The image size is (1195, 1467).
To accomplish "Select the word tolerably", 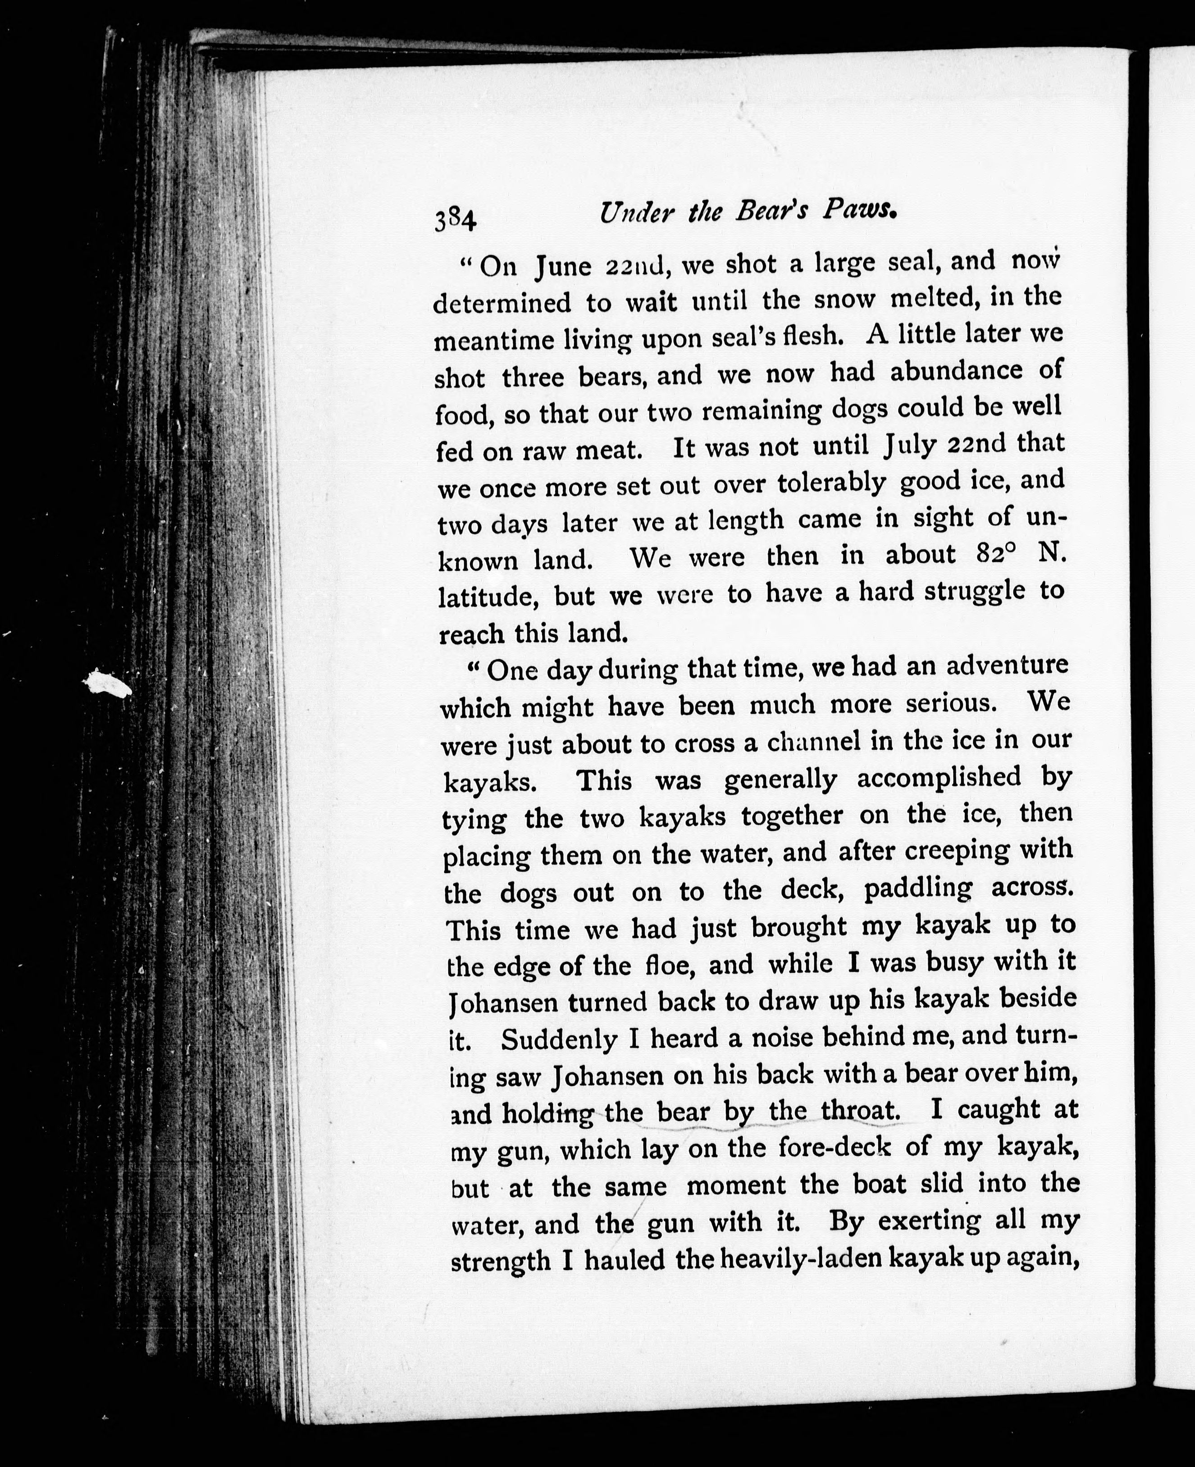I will (x=831, y=484).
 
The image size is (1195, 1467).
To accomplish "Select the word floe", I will (x=665, y=965).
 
